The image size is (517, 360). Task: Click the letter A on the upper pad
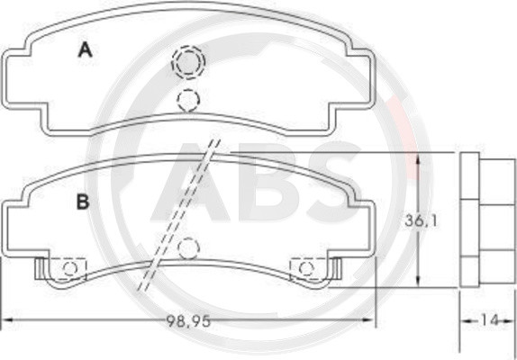86,50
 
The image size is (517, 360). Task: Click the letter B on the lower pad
83,202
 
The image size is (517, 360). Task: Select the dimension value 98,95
188,320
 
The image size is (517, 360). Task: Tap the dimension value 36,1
421,220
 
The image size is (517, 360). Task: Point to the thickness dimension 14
490,320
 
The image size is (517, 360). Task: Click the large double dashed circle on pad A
188,62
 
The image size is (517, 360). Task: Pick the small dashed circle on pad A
188,100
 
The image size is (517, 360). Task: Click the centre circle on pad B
188,247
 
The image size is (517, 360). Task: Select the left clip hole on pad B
70,268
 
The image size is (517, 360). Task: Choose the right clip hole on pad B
306,268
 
